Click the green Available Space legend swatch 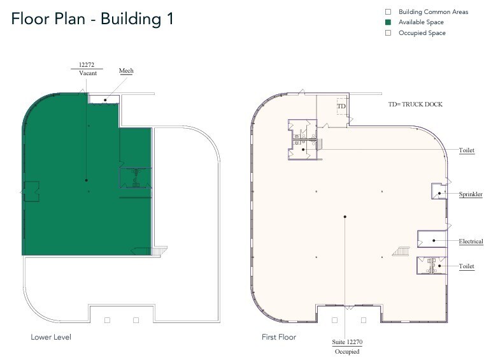tap(388, 22)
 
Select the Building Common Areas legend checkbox tap(388, 12)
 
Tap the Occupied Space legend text tap(422, 33)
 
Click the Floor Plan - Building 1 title tap(92, 19)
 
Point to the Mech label tap(126, 71)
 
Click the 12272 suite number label tap(87, 65)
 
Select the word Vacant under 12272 tap(88, 73)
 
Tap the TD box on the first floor tap(341, 106)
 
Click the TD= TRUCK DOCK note tap(415, 104)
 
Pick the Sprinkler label tap(471, 194)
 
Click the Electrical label tap(471, 241)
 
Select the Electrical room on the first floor tap(432, 239)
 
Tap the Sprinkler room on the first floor tap(439, 191)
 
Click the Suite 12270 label tap(347, 342)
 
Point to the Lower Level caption tap(51, 337)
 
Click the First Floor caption tap(279, 337)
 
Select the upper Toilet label tap(467, 150)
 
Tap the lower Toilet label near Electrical tap(467, 266)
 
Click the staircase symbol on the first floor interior tap(401, 251)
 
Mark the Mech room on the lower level tap(104, 99)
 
